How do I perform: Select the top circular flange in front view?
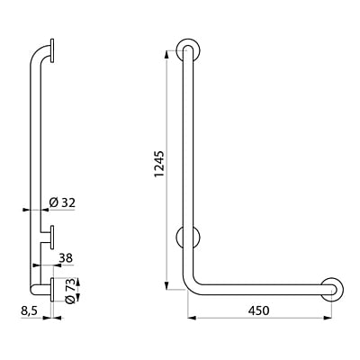(x=188, y=49)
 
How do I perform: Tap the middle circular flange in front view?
(x=190, y=239)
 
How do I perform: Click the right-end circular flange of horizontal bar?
(x=331, y=289)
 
